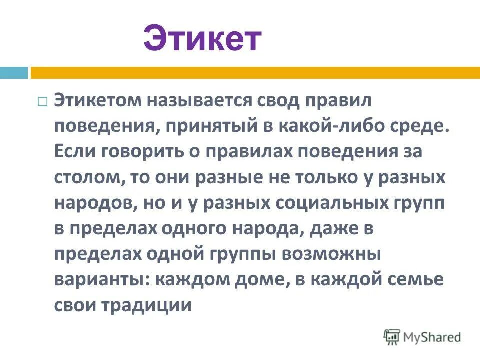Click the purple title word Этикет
202,39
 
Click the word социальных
327,203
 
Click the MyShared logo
422,337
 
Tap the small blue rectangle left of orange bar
14,73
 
